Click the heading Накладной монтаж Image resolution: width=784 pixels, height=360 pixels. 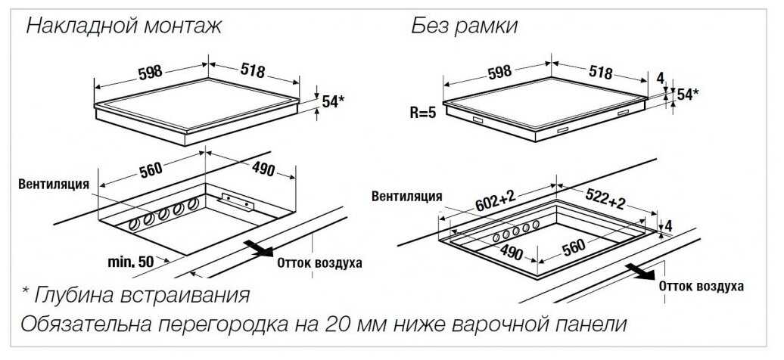coord(123,25)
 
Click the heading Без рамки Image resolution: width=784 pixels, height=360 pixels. coord(464,26)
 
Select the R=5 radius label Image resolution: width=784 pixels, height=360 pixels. coord(423,113)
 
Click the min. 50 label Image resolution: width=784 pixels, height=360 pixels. coord(130,261)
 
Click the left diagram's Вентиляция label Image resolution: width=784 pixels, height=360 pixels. coord(54,184)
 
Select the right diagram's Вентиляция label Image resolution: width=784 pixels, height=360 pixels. coord(406,196)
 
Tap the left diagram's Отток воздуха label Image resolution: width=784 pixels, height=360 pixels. coord(319,263)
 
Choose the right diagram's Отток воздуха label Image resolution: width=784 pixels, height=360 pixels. coord(701,286)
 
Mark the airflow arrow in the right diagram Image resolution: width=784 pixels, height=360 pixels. coord(640,272)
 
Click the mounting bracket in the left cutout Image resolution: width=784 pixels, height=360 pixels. coord(237,201)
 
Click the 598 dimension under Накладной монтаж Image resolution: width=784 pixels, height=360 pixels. coord(150,72)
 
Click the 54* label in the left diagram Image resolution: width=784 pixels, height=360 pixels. coord(333,101)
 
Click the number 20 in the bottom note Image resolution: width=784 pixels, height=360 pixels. coord(336,324)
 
